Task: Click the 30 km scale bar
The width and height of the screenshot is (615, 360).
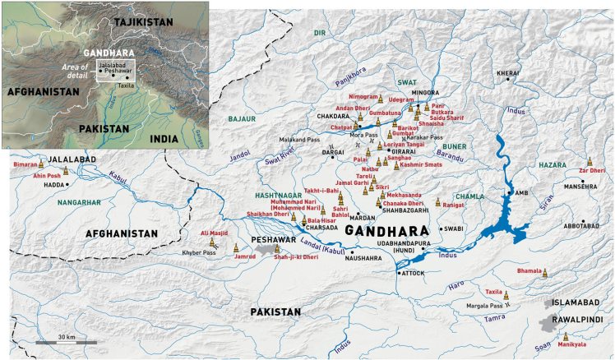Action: (x=66, y=341)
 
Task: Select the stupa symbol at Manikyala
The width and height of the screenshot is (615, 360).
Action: (x=566, y=336)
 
